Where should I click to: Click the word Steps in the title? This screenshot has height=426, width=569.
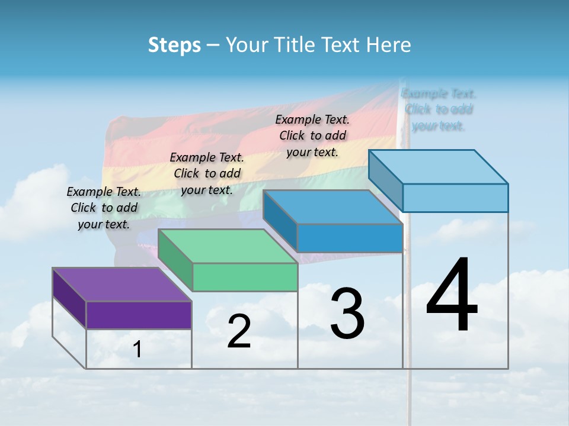(x=174, y=45)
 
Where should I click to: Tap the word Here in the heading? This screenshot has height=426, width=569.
(x=389, y=45)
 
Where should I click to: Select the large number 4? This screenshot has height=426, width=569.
(x=452, y=295)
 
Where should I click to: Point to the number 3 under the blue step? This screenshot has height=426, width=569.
(x=347, y=314)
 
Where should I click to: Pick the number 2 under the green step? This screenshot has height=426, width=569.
(x=239, y=331)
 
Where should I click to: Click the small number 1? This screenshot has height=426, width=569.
(x=138, y=350)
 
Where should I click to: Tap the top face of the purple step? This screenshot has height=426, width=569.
(x=122, y=285)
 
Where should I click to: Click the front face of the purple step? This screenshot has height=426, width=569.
(x=139, y=315)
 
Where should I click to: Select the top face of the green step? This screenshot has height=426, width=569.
(x=228, y=246)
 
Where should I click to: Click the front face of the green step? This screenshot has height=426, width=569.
(x=245, y=277)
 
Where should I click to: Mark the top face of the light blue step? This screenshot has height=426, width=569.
(x=439, y=167)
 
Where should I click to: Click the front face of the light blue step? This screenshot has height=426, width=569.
(x=455, y=198)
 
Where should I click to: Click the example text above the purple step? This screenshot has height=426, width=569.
(x=104, y=208)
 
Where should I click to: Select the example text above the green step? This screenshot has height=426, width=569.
(x=207, y=174)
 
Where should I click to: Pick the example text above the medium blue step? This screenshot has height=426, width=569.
(x=312, y=136)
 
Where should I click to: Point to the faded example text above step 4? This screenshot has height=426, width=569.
(x=439, y=109)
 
